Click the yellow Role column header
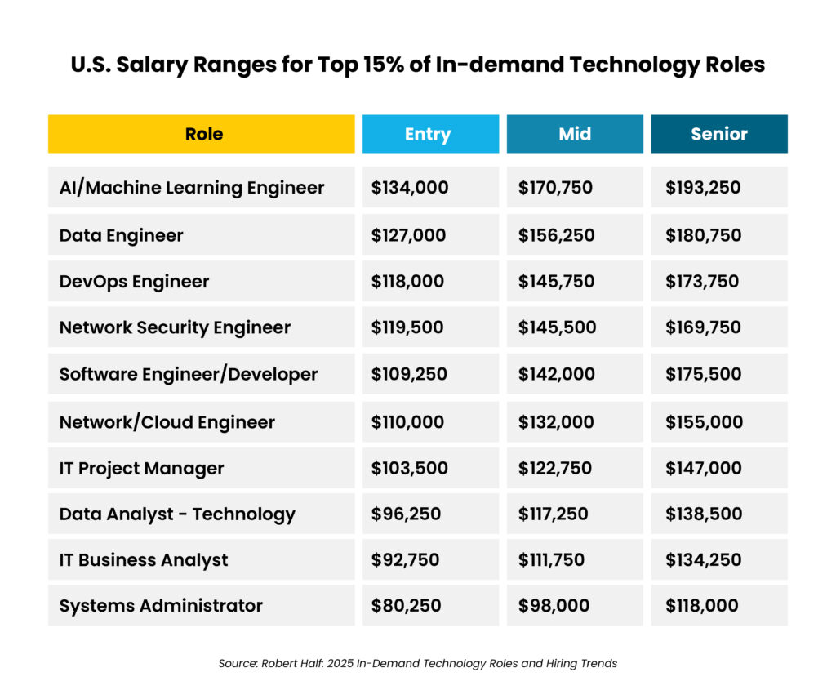(x=202, y=134)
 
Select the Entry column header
(x=428, y=134)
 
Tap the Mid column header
(x=575, y=134)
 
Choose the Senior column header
(x=718, y=134)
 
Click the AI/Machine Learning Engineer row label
(x=192, y=188)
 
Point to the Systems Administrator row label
(x=161, y=606)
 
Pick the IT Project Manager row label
(x=141, y=469)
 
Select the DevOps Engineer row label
(x=134, y=282)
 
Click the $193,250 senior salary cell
(x=702, y=188)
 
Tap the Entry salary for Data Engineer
(x=408, y=235)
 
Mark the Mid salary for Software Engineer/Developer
(x=555, y=375)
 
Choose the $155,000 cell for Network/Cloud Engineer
(x=703, y=422)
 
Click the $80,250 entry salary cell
(x=406, y=606)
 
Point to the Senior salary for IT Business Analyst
(x=703, y=560)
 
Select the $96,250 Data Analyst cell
(x=406, y=514)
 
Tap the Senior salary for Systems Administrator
(x=702, y=606)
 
